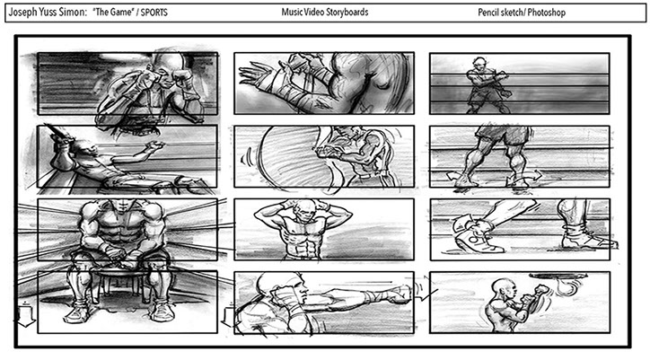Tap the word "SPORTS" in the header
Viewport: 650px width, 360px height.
[154, 13]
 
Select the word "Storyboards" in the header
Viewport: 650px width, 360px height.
[347, 13]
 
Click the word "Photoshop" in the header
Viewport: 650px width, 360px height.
[547, 13]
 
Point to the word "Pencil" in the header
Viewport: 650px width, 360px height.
[488, 13]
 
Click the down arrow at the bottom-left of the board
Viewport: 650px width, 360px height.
[26, 317]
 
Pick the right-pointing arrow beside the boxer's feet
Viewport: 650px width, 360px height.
[533, 175]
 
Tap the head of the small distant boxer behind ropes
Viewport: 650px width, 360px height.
[479, 64]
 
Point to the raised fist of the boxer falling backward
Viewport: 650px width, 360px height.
[156, 146]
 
